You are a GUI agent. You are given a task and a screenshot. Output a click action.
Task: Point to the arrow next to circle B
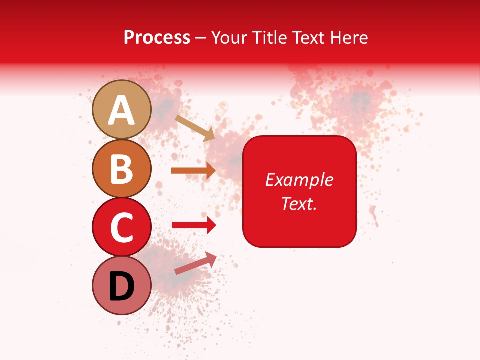tap(193, 170)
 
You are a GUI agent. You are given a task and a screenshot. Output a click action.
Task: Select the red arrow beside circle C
tap(194, 225)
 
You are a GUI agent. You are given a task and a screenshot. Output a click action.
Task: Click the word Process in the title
tap(157, 37)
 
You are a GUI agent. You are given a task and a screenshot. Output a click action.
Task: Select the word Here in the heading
tap(349, 37)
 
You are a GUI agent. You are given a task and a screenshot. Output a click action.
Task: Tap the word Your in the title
tap(228, 37)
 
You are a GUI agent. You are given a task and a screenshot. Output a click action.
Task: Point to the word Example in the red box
tap(299, 180)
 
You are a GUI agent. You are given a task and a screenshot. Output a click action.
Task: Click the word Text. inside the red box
tap(299, 203)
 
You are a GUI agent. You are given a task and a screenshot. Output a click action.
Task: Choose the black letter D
tap(122, 287)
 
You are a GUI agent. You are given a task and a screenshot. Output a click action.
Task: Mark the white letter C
tap(122, 228)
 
